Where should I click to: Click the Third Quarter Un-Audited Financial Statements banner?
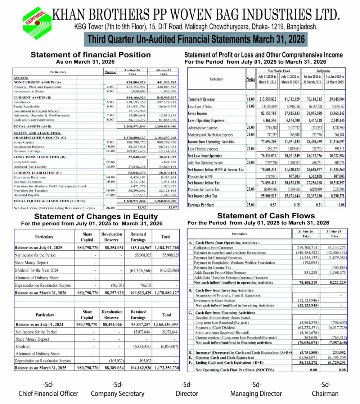(x=195, y=39)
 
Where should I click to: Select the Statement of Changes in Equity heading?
(x=95, y=216)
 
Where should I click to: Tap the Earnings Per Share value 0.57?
(x=273, y=205)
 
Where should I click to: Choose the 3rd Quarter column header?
(x=323, y=71)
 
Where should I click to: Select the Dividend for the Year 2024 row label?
(x=37, y=270)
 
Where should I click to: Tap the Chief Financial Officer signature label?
(x=48, y=394)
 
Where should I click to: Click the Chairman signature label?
(x=325, y=394)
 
